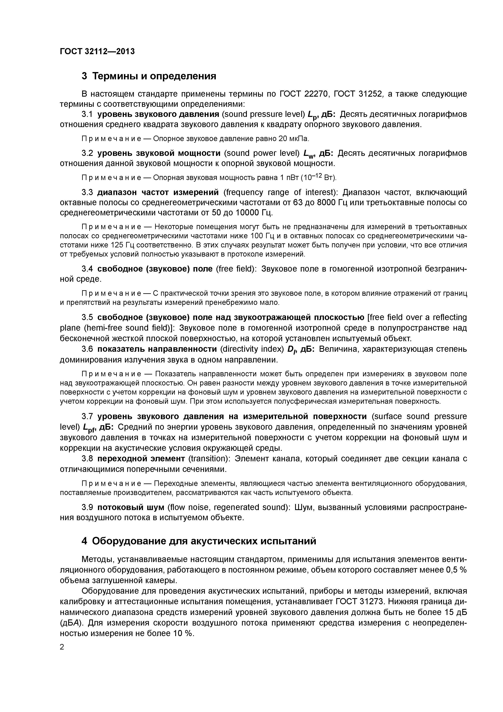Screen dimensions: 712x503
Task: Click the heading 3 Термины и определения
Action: pyautogui.click(x=149, y=76)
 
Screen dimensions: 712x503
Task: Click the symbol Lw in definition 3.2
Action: pyautogui.click(x=309, y=154)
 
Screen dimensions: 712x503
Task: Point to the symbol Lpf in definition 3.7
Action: pyautogui.click(x=90, y=428)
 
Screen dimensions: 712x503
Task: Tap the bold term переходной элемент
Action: pyautogui.click(x=141, y=458)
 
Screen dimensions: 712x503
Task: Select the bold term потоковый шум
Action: pyautogui.click(x=130, y=507)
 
